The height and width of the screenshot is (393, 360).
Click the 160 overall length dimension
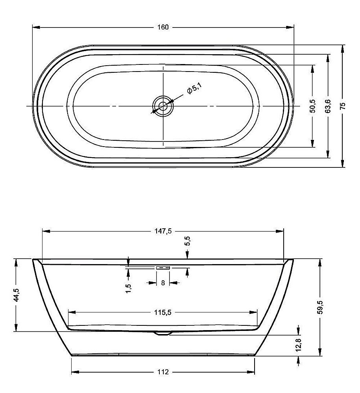coord(163,27)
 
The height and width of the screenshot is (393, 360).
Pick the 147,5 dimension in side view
coord(163,231)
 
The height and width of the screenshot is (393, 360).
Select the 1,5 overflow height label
coord(129,287)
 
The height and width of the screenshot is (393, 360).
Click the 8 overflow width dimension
coord(162,283)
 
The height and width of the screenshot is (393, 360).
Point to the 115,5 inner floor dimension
coord(163,312)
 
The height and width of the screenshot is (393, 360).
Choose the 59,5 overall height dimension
coord(321,307)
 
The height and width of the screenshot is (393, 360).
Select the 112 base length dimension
coord(163,372)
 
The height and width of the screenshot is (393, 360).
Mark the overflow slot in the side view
coord(162,267)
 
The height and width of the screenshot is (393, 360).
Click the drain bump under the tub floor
coord(162,334)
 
